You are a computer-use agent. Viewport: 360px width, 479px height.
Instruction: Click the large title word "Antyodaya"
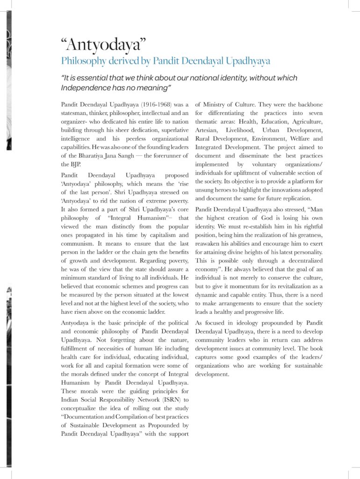click(x=104, y=45)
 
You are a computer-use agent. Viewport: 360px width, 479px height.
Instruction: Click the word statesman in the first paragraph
click(x=77, y=113)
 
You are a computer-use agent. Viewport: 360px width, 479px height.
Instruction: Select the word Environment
click(x=270, y=139)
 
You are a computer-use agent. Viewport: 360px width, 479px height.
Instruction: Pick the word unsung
click(x=205, y=190)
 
